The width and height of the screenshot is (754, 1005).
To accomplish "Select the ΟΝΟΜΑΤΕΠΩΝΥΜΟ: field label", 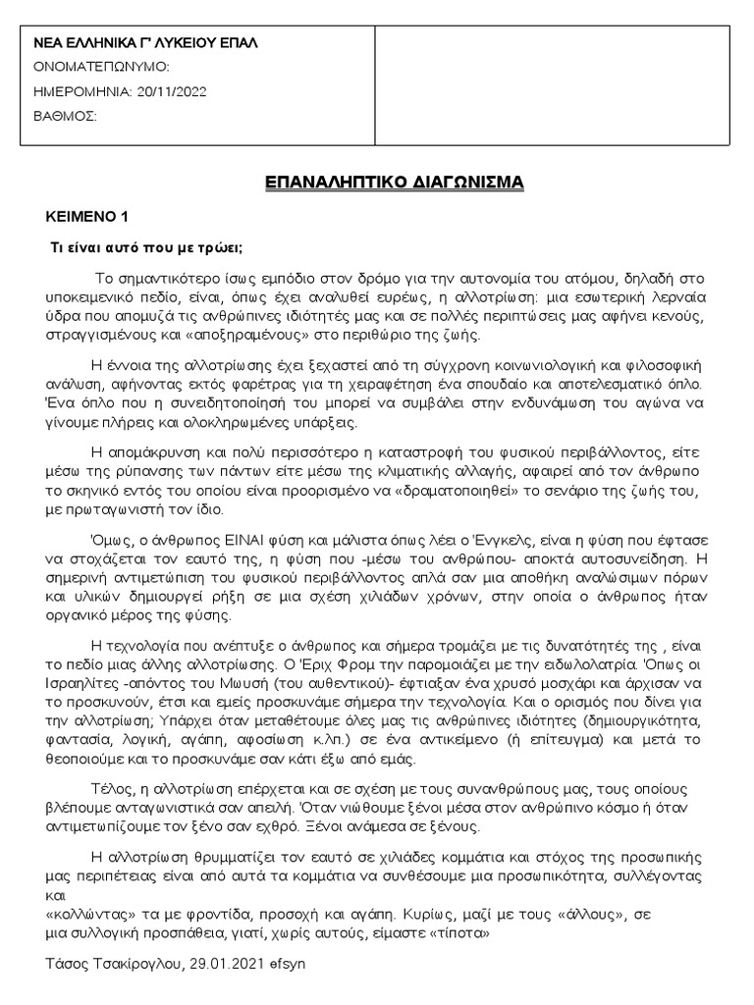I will [101, 67].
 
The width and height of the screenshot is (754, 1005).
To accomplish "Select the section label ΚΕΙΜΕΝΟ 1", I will [89, 216].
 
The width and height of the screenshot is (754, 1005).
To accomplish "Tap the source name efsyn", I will [290, 964].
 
